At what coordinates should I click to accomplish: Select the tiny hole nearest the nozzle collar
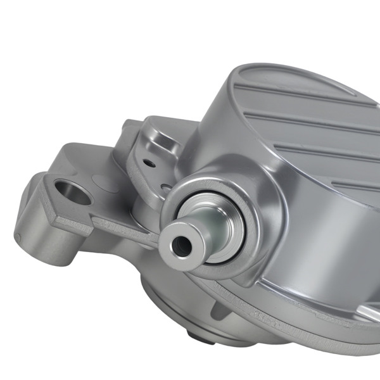165,187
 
